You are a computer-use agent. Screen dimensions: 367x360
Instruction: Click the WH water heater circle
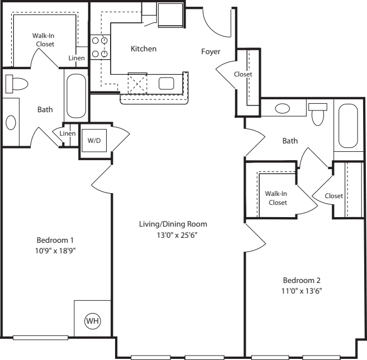click(x=93, y=321)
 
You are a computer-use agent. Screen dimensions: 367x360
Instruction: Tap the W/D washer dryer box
click(x=94, y=140)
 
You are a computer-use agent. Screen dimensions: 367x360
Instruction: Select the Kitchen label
click(x=144, y=49)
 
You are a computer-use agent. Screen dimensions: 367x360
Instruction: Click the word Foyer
click(x=211, y=52)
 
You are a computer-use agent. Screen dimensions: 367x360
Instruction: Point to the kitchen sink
click(x=166, y=84)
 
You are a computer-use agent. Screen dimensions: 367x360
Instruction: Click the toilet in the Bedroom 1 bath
click(x=17, y=84)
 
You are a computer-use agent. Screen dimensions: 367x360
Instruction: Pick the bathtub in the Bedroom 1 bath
click(x=77, y=96)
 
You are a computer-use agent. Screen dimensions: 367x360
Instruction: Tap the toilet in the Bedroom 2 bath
click(x=318, y=114)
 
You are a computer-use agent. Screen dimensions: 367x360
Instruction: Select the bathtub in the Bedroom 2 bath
click(x=348, y=126)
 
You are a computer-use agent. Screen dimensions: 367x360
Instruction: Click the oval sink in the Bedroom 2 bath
click(x=283, y=108)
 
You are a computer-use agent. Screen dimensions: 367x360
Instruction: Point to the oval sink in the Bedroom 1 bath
click(x=11, y=123)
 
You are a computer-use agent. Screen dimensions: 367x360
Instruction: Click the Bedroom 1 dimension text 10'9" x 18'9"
click(x=55, y=251)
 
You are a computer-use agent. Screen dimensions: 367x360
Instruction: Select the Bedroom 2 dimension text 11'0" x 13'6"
click(x=302, y=291)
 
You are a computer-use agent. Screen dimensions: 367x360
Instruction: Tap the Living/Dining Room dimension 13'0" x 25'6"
click(x=177, y=235)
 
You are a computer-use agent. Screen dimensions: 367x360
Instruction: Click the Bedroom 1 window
click(x=40, y=338)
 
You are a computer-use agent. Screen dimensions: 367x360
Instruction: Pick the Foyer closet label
click(x=243, y=74)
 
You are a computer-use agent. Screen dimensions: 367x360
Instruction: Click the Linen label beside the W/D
click(x=68, y=133)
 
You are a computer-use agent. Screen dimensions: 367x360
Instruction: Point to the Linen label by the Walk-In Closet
click(x=77, y=58)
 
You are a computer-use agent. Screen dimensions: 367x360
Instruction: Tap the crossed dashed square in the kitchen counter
click(x=137, y=83)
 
